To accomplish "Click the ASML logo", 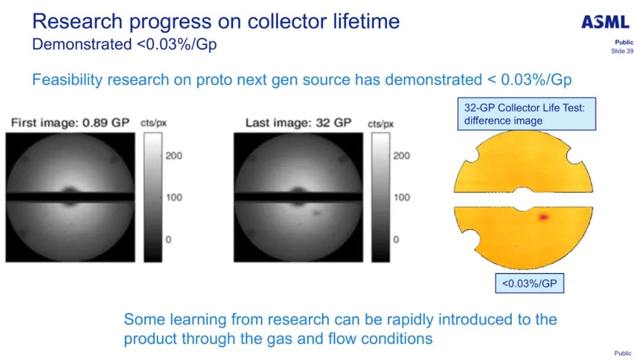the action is tap(605, 22).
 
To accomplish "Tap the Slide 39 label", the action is tap(622, 51).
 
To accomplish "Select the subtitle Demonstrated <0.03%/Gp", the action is tap(124, 44).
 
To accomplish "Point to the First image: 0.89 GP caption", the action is tap(70, 123).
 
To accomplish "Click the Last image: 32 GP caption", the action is tap(298, 123).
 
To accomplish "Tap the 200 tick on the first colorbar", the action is tap(173, 156).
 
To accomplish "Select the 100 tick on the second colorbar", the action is tap(401, 197).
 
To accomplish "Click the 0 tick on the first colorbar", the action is tap(168, 239).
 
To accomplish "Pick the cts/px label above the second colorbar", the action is tap(380, 124).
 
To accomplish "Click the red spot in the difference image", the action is tap(543, 217).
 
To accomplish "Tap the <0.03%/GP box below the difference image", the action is tap(530, 284).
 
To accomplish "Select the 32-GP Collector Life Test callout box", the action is tap(527, 114).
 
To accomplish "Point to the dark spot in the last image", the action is tap(316, 213).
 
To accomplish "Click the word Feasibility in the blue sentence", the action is tap(67, 79).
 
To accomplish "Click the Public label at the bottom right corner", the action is tap(622, 353).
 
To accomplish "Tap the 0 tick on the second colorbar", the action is tap(396, 239).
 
